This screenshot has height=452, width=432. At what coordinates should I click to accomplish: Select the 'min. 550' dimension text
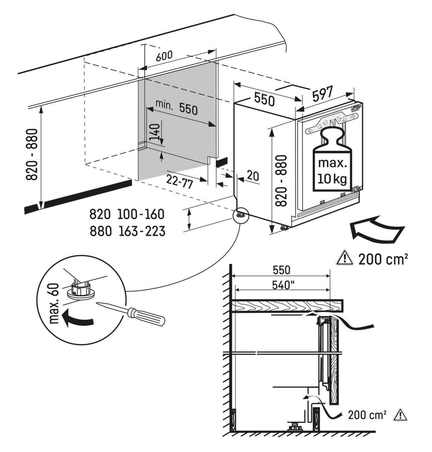pos(177,108)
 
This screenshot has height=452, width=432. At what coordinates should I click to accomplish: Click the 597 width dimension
pos(322,94)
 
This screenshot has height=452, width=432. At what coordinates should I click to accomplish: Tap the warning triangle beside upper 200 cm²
pos(343,258)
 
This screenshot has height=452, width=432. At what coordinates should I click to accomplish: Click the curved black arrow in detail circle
pos(77,321)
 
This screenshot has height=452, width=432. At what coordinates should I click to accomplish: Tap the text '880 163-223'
pos(127,231)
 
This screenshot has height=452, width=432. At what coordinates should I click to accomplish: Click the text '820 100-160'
pos(127,214)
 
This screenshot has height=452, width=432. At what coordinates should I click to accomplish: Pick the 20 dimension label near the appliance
pos(253,176)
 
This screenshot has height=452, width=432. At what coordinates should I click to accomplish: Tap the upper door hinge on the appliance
pos(354,108)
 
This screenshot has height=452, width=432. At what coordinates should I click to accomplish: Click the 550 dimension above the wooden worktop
pos(282,270)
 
